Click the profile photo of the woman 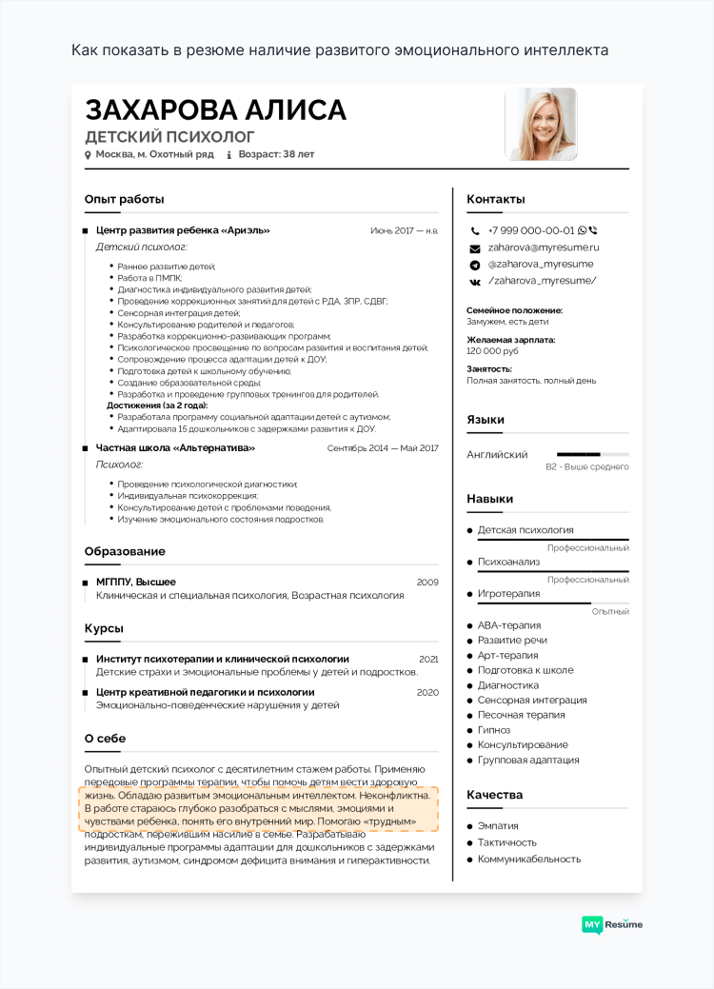click(x=541, y=124)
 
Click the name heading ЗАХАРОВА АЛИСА click(x=215, y=110)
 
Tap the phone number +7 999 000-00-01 click(x=531, y=230)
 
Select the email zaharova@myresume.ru click(x=544, y=247)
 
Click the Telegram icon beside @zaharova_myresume click(x=474, y=264)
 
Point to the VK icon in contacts click(x=474, y=281)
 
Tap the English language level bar click(x=592, y=455)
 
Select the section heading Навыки click(x=489, y=499)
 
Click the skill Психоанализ click(x=508, y=562)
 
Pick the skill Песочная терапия click(x=521, y=715)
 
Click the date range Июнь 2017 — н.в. click(x=404, y=230)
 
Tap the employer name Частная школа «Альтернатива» click(x=175, y=447)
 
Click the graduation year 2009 click(x=427, y=582)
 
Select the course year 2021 click(x=428, y=659)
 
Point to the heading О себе click(x=105, y=739)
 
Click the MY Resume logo click(x=611, y=924)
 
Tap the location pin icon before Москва click(x=88, y=154)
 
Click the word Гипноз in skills click(x=494, y=730)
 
